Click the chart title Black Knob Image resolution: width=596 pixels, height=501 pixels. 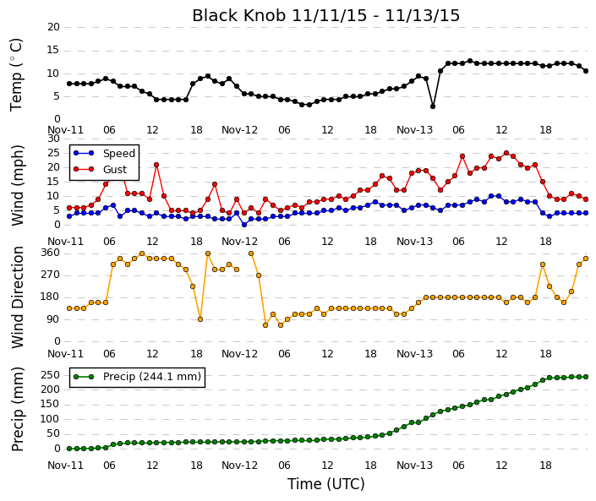point(325,15)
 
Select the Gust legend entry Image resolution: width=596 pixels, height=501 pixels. point(115,170)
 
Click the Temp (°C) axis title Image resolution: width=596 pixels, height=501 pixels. point(17,74)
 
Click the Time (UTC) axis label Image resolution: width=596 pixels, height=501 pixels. point(325,485)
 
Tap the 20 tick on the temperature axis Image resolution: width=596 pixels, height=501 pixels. point(52,27)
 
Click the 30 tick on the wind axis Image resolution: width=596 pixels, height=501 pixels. point(52,139)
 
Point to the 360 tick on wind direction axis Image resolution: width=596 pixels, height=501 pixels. point(50,253)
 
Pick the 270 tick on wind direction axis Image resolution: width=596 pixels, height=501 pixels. point(50,275)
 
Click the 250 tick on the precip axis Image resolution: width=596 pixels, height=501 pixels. point(50,375)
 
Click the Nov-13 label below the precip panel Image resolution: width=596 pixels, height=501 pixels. point(414,465)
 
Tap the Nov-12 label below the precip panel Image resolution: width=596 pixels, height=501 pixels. point(240,465)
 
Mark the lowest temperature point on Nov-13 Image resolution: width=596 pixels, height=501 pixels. point(433,106)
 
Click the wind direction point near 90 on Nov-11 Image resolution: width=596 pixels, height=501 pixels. point(200,319)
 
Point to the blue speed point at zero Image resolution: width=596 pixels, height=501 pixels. point(243,224)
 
